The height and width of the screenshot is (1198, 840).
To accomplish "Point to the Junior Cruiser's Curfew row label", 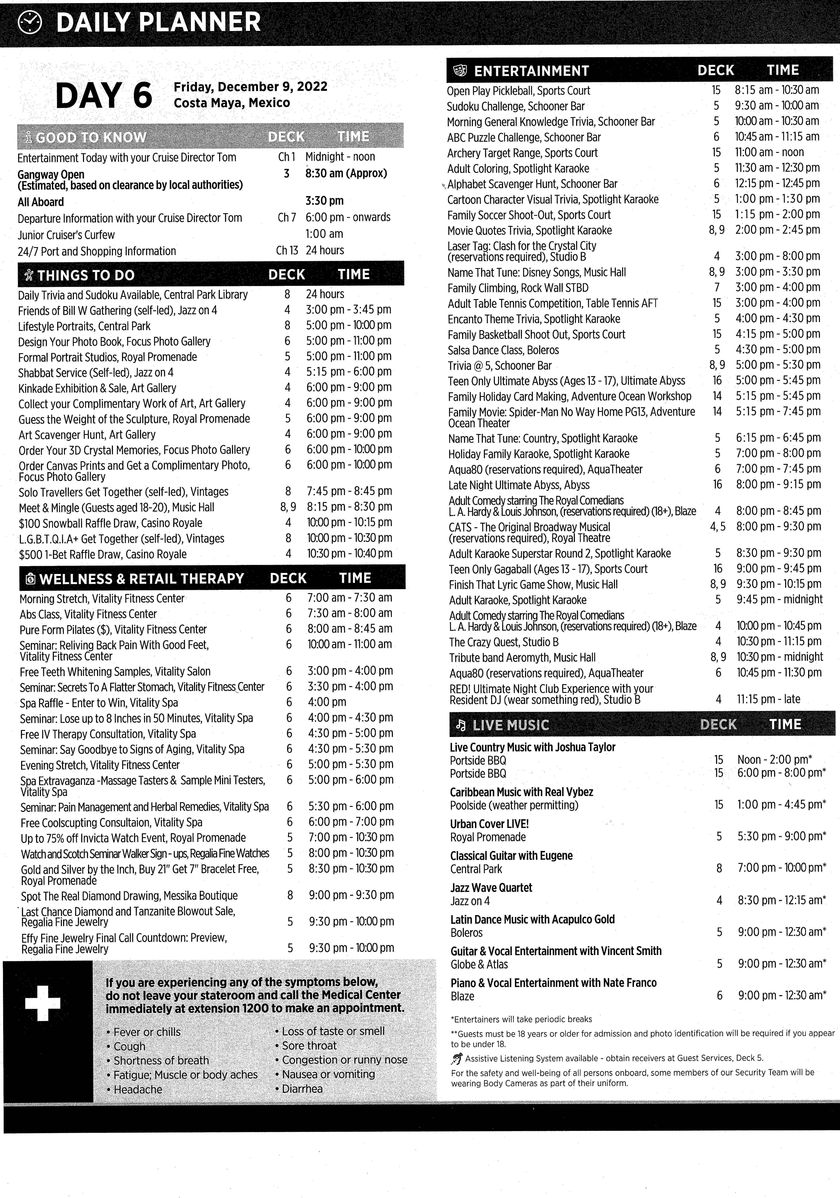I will pos(66,235).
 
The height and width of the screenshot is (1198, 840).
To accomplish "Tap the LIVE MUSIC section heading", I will pos(510,725).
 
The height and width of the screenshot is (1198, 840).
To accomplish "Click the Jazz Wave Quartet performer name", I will pos(491,888).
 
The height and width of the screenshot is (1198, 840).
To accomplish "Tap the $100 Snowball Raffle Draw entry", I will pos(110,523).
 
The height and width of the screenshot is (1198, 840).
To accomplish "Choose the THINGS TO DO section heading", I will pos(86,275).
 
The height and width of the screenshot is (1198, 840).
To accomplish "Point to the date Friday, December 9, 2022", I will pos(250,87).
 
